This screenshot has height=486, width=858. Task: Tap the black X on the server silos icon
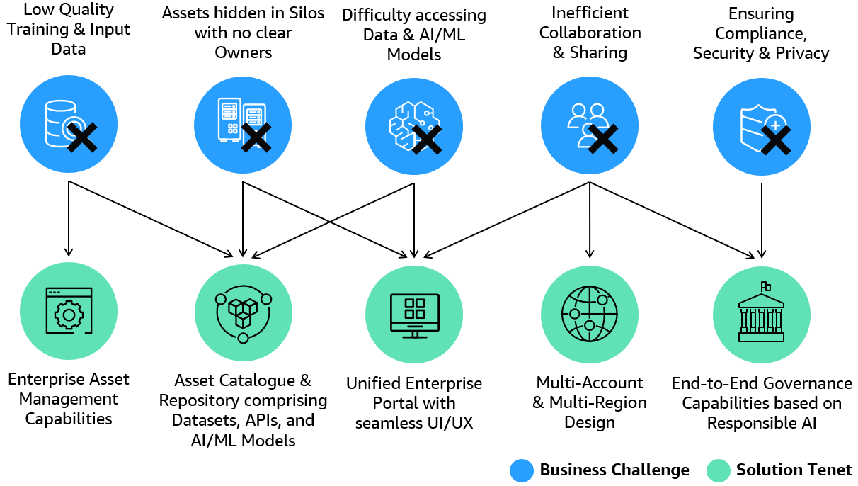[x=256, y=137]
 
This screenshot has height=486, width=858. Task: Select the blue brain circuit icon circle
[x=413, y=126]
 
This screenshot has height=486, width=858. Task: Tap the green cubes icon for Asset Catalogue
[x=243, y=313]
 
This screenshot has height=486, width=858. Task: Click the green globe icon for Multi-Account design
[x=590, y=313]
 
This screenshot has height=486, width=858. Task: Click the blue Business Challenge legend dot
[x=522, y=470]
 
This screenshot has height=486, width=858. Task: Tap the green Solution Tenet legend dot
[x=718, y=470]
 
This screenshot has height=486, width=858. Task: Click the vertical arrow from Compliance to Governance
[x=761, y=220]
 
